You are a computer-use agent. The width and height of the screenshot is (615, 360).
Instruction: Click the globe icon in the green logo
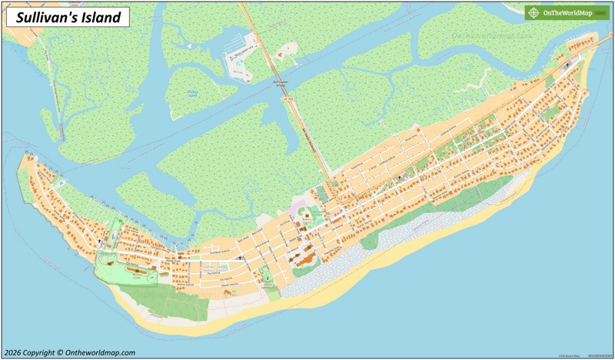[534, 12]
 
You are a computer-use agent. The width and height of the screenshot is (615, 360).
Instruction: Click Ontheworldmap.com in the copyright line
[101, 352]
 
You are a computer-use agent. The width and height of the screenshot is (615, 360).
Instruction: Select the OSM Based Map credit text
[570, 355]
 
